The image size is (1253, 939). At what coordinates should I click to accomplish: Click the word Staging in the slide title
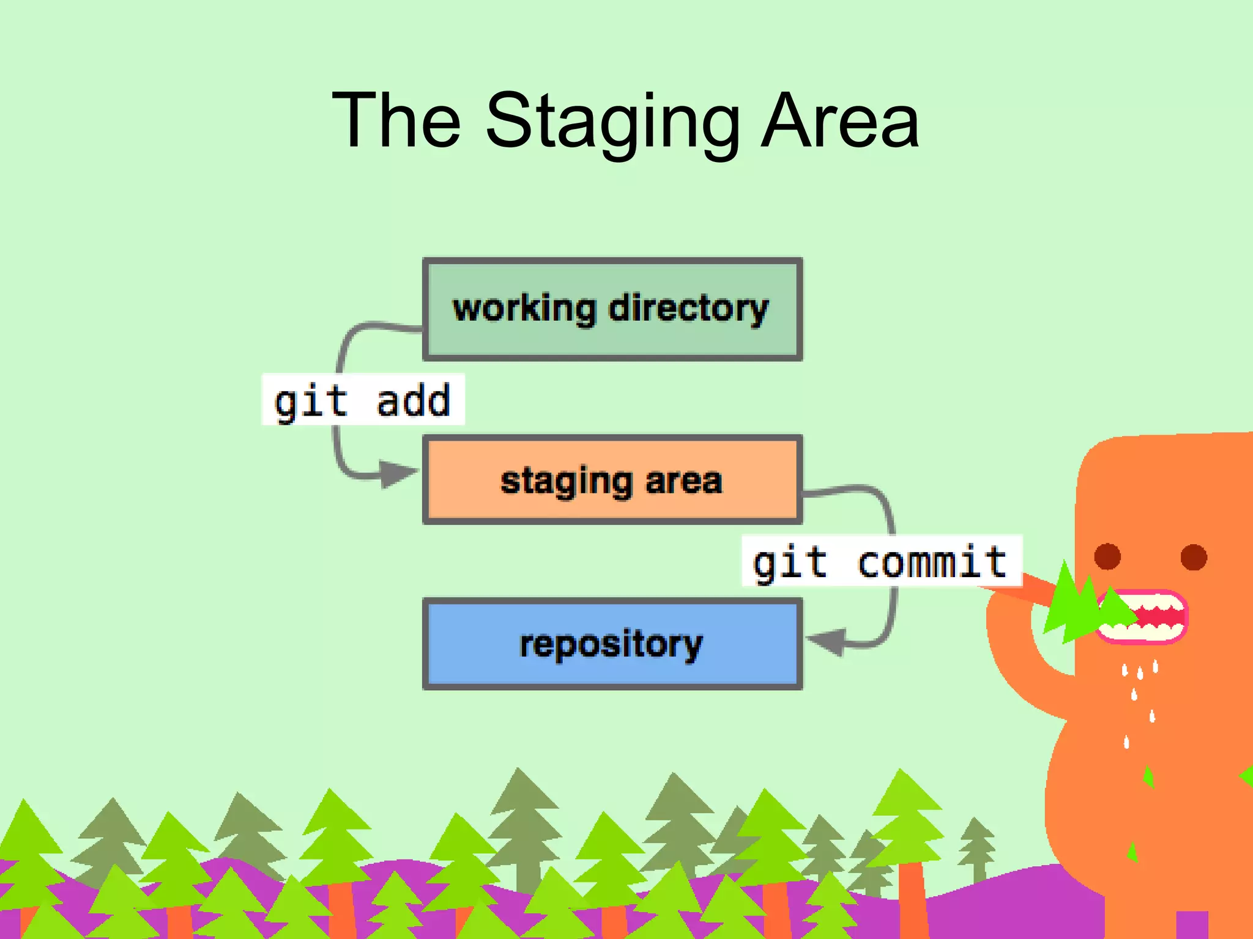click(x=612, y=122)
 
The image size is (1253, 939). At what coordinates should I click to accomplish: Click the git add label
click(x=363, y=400)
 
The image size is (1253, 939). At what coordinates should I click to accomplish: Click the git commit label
click(x=881, y=561)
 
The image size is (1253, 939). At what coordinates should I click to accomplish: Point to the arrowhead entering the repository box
click(x=826, y=641)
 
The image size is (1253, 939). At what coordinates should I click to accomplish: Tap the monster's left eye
click(x=1107, y=556)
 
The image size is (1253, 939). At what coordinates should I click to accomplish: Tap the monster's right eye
click(x=1194, y=556)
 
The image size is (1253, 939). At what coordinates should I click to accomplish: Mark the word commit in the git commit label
click(x=932, y=562)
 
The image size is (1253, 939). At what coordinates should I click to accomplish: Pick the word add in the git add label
click(x=414, y=401)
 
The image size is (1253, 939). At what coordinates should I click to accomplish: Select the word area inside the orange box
click(x=684, y=481)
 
